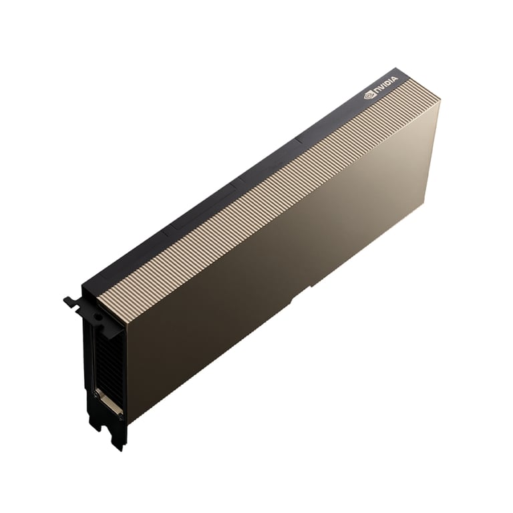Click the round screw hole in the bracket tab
[x=96, y=317]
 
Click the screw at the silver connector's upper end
[x=96, y=395]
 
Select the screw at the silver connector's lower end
[x=121, y=417]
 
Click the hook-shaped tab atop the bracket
[x=73, y=302]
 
